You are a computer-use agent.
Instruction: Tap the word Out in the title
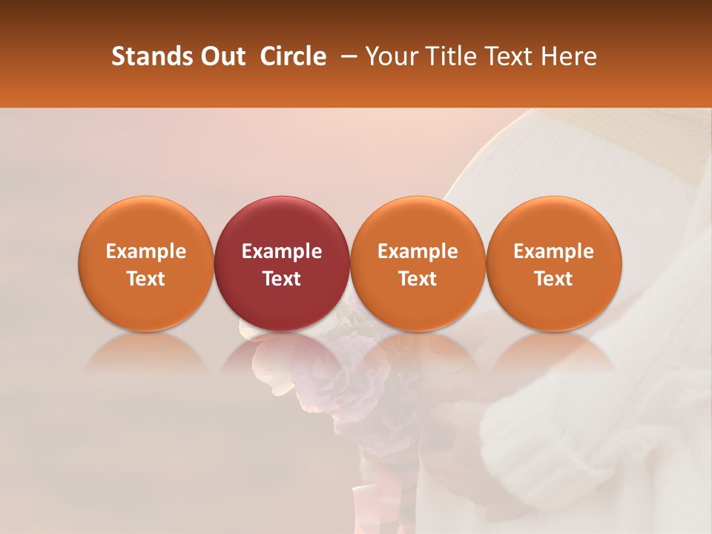pos(221,56)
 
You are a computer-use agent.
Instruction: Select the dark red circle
pos(281,222)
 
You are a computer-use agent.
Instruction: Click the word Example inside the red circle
pos(281,251)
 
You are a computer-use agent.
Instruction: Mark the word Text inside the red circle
pos(281,279)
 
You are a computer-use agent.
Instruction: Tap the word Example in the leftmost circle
pos(145,251)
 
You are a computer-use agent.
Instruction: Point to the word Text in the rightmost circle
pos(553,279)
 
